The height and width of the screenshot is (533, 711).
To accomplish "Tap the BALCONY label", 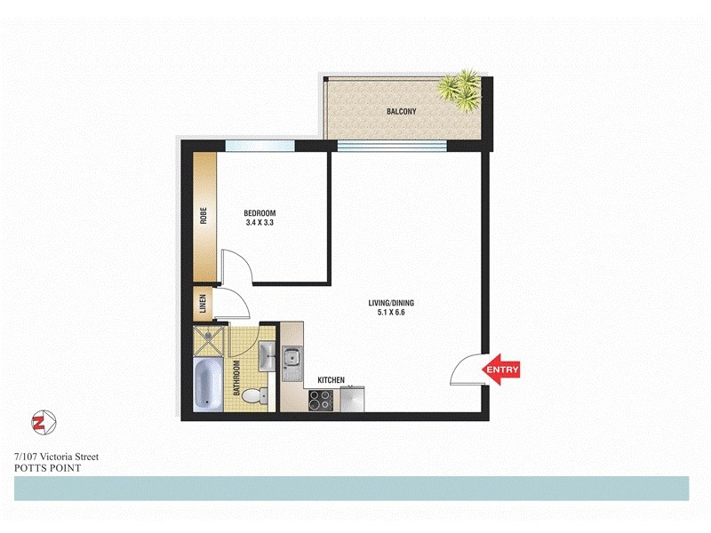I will click(x=402, y=112).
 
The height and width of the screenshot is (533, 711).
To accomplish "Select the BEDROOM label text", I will click(x=260, y=213).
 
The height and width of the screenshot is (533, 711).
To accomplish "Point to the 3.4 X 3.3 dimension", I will click(x=260, y=224).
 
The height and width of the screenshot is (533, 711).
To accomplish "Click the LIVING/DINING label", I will click(x=391, y=303).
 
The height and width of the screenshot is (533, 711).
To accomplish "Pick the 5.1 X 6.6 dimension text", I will click(x=391, y=314).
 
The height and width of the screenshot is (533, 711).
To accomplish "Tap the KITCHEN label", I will click(x=331, y=380).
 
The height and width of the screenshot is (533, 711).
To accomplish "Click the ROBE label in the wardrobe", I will click(x=204, y=216).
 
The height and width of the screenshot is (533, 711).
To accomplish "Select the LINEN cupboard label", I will click(x=203, y=305).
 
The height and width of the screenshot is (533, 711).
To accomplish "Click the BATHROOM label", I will click(x=237, y=378).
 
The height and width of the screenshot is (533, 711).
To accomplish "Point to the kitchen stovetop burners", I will click(x=319, y=401).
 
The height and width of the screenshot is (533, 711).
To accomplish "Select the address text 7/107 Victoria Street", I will click(x=56, y=457).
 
